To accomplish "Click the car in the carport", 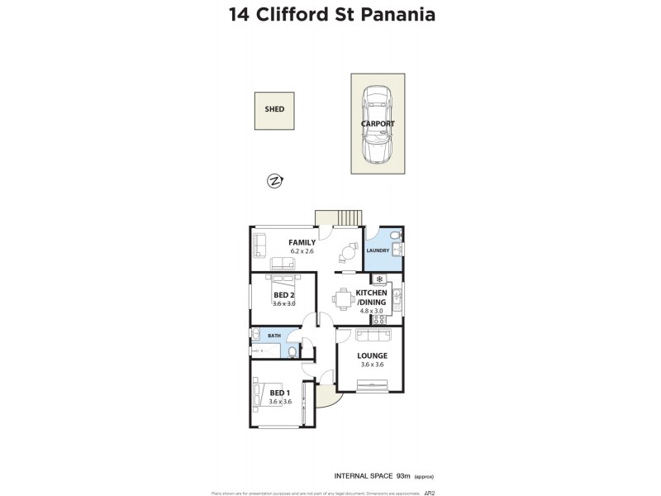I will [x=378, y=124].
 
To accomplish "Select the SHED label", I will [x=274, y=109].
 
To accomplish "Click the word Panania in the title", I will [x=396, y=15].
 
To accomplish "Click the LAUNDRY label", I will [x=378, y=250].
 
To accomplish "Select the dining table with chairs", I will [x=343, y=298].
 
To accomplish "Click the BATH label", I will [x=273, y=336].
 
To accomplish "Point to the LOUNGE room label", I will [x=373, y=356].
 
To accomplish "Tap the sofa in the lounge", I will [x=373, y=335].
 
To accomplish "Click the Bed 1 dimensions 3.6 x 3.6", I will [x=280, y=402].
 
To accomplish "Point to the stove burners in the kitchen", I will [x=380, y=319].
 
